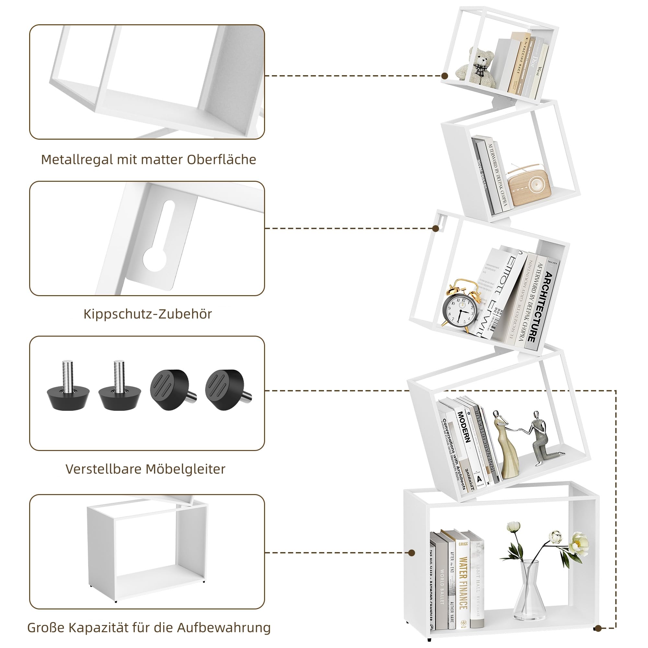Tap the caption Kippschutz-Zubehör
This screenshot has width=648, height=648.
coord(147,314)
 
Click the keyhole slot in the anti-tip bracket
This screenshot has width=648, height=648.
coord(160,245)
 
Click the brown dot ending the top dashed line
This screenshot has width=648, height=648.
coord(445,76)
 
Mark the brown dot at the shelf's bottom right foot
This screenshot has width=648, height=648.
coord(597,628)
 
